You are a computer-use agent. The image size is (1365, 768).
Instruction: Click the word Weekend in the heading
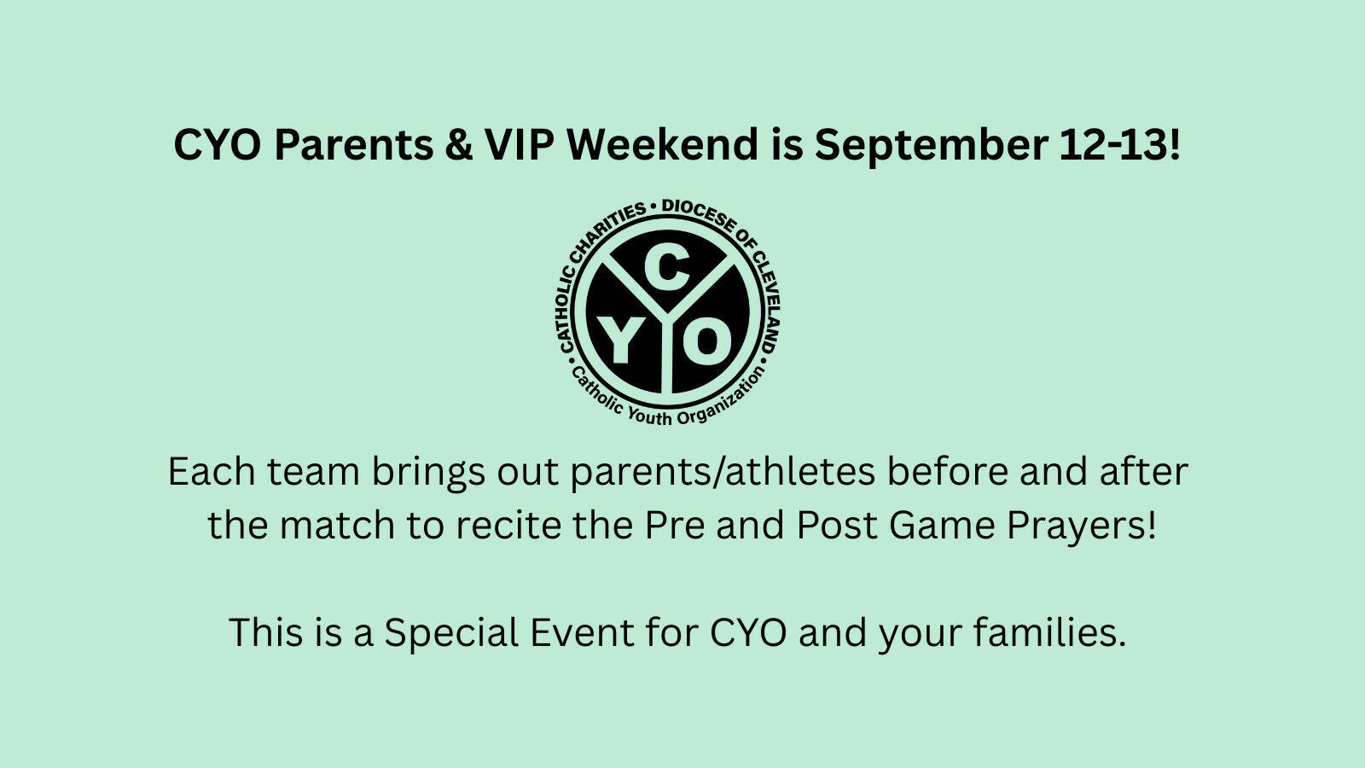tap(663, 145)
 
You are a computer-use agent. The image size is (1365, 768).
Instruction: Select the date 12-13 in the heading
tap(1112, 145)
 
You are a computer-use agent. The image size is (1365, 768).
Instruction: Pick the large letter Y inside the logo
tap(619, 340)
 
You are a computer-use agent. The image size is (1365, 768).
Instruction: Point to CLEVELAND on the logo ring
tap(764, 303)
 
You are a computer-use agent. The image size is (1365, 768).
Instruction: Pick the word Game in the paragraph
tap(942, 526)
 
